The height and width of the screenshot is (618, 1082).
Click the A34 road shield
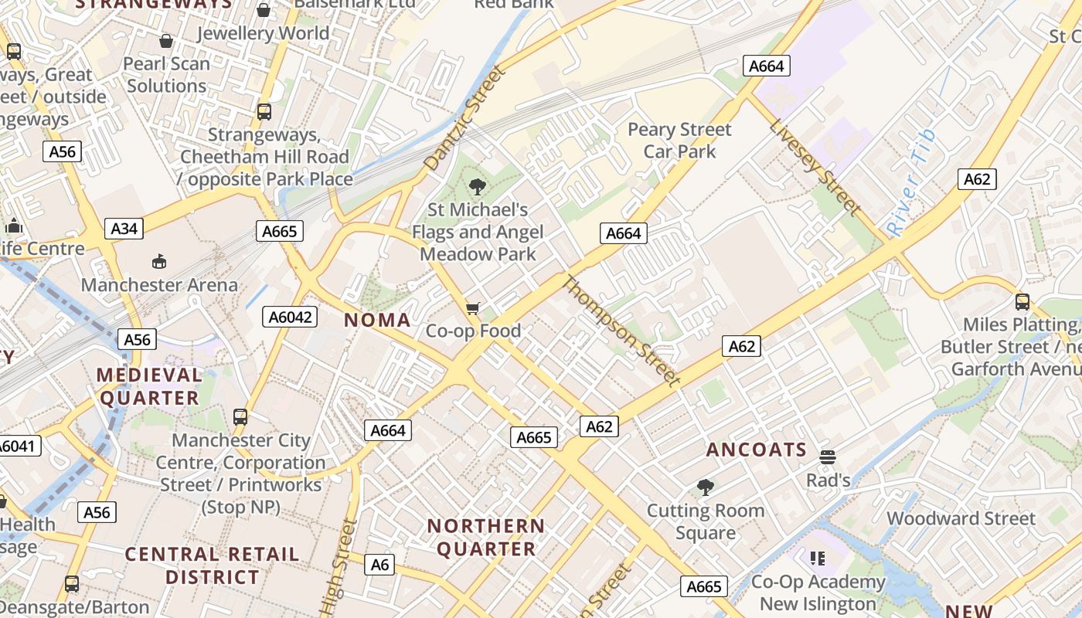[x=124, y=229]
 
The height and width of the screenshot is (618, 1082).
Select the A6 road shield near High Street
[x=379, y=565]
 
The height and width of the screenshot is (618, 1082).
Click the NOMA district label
[x=377, y=320]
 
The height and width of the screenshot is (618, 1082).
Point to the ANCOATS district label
[x=757, y=450]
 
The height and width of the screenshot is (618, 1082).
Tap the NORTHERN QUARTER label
[x=486, y=538]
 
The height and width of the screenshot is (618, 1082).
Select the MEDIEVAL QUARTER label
[x=149, y=387]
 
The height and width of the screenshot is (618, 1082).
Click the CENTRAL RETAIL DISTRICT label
[x=212, y=565]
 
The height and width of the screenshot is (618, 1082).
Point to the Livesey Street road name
[x=814, y=167]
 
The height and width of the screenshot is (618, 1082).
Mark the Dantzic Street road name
[x=464, y=118]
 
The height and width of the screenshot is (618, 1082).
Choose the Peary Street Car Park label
[x=679, y=140]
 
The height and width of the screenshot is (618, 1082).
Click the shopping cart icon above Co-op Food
[x=473, y=308]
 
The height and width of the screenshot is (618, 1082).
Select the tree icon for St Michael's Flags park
[x=478, y=187]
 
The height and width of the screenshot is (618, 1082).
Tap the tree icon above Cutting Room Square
[x=705, y=487]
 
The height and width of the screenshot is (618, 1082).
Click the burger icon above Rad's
[x=828, y=457]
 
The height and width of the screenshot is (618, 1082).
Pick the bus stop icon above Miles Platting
[x=1022, y=302]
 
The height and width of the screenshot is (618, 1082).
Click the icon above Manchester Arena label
[x=159, y=261]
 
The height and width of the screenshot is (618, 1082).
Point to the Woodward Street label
[x=961, y=518]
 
